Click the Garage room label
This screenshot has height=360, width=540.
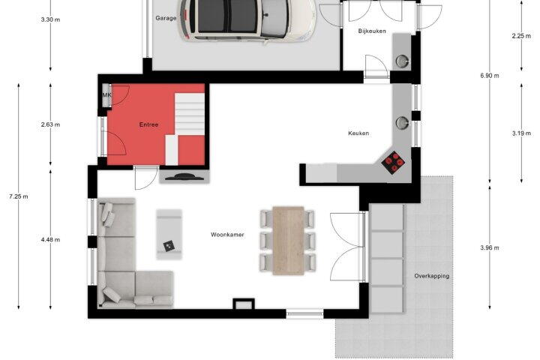point(166,18)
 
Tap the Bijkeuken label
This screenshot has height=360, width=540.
point(372,31)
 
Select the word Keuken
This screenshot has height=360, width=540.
point(358,133)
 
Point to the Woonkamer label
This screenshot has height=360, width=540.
point(227,235)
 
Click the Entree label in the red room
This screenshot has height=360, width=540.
point(148,124)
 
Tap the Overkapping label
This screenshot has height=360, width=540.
point(432,276)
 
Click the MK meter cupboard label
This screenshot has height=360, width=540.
point(106,94)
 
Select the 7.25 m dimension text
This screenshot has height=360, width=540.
point(19,196)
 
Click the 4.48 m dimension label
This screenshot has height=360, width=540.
point(50,240)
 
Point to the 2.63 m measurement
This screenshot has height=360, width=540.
point(50,124)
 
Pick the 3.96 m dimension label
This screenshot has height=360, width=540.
point(489,247)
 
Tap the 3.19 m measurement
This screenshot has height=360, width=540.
point(521,133)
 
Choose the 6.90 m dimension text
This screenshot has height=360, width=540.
point(489,76)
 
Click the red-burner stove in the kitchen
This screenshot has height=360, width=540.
point(393,163)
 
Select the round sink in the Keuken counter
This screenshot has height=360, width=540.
point(402,123)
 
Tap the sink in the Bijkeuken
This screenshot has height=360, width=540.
point(402,61)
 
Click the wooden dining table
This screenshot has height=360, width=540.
point(288,241)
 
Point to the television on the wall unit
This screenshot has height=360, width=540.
point(184,177)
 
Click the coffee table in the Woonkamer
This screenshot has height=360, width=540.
point(169,234)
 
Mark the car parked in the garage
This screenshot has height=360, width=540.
point(247,21)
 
